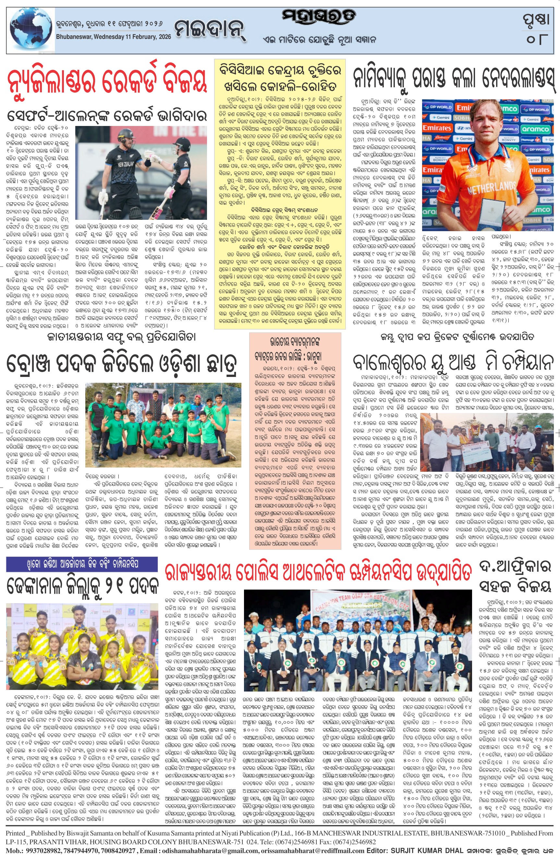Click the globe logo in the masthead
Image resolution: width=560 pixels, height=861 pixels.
tap(30, 31)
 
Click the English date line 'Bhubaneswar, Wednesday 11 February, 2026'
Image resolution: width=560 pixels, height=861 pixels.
tap(113, 37)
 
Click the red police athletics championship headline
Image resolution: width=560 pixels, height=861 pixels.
tap(318, 573)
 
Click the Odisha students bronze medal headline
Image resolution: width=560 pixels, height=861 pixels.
tap(122, 363)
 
